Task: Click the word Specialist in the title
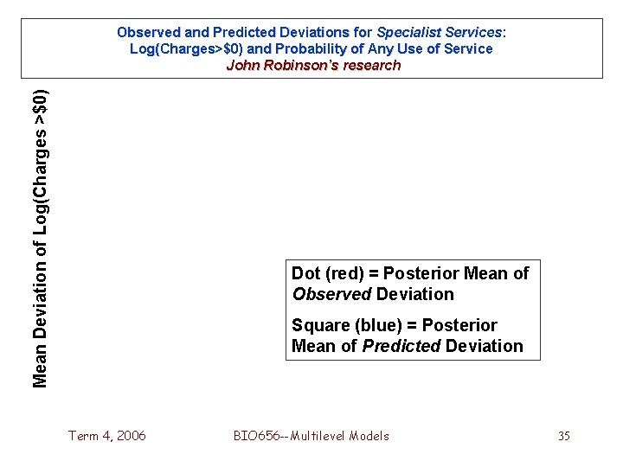(405, 32)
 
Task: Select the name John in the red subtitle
(242, 65)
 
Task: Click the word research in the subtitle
(373, 65)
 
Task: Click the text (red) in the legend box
(344, 273)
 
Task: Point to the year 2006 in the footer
(130, 436)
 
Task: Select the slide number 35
(563, 436)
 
